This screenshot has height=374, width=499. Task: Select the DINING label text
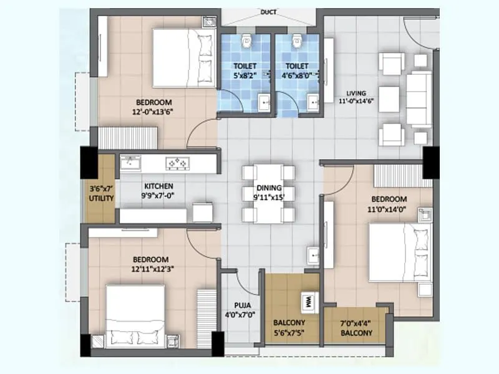[269, 186]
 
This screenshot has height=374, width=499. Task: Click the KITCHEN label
[158, 186]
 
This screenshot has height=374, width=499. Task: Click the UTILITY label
[101, 198]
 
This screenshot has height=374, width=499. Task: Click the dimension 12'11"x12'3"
[151, 269]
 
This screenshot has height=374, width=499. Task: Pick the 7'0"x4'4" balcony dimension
[356, 324]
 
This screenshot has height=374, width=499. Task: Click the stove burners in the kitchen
[177, 163]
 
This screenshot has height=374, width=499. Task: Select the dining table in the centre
[269, 193]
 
